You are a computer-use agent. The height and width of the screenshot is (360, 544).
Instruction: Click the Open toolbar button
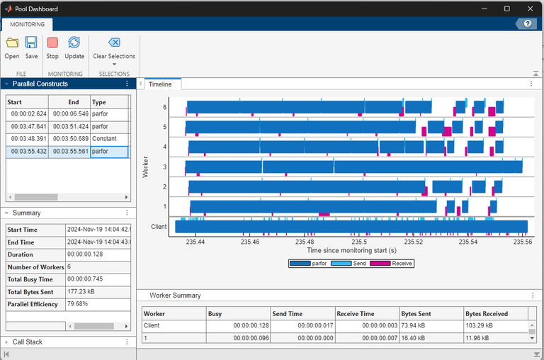point(12,47)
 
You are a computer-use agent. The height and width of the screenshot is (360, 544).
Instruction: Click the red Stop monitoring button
point(52,47)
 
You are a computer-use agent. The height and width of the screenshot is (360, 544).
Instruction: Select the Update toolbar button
point(74,47)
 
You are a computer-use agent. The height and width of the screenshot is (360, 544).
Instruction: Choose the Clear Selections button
point(114,47)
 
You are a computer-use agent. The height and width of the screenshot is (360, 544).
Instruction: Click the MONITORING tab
point(27,24)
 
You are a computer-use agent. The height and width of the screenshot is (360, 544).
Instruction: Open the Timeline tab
point(159,84)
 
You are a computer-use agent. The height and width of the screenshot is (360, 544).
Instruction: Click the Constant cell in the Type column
point(104,139)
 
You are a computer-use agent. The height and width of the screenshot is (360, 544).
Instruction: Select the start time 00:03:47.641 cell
point(27,126)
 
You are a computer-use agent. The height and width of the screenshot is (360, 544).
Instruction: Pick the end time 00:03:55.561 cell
point(69,152)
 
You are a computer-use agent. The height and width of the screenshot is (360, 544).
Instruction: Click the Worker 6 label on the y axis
point(164,108)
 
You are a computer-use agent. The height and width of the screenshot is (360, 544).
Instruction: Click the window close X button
point(527,9)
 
